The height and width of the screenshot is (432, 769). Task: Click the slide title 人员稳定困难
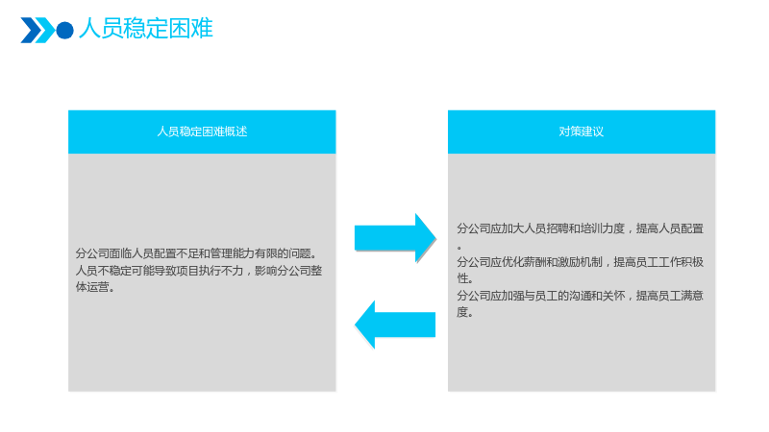pos(146,29)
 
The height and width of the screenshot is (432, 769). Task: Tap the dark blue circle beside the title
pos(64,31)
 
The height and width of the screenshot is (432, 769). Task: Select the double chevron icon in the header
pos(37,31)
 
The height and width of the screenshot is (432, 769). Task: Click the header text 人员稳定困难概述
pos(202,132)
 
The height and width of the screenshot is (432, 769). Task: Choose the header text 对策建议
pos(582,132)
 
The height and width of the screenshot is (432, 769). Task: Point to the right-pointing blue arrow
pos(395,238)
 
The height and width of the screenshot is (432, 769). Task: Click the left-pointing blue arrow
pos(395,324)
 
